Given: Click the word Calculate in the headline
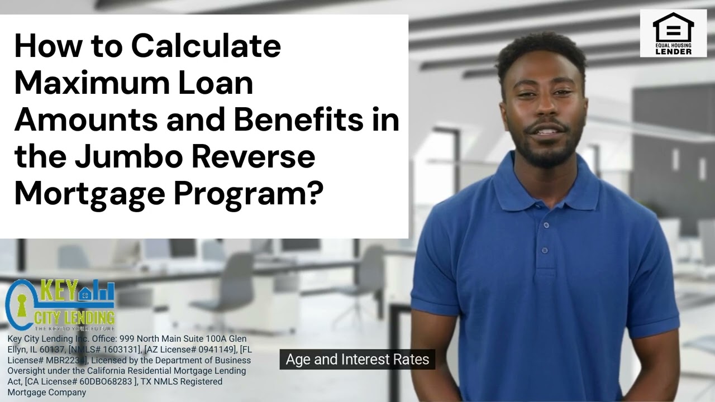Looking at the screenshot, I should (206, 46).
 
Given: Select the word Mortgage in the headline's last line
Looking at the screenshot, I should (89, 194).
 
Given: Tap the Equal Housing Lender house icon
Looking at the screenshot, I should (673, 28).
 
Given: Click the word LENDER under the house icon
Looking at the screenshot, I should (673, 51).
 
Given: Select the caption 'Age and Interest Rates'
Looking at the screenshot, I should (357, 359).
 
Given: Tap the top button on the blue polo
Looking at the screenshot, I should (546, 226).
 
